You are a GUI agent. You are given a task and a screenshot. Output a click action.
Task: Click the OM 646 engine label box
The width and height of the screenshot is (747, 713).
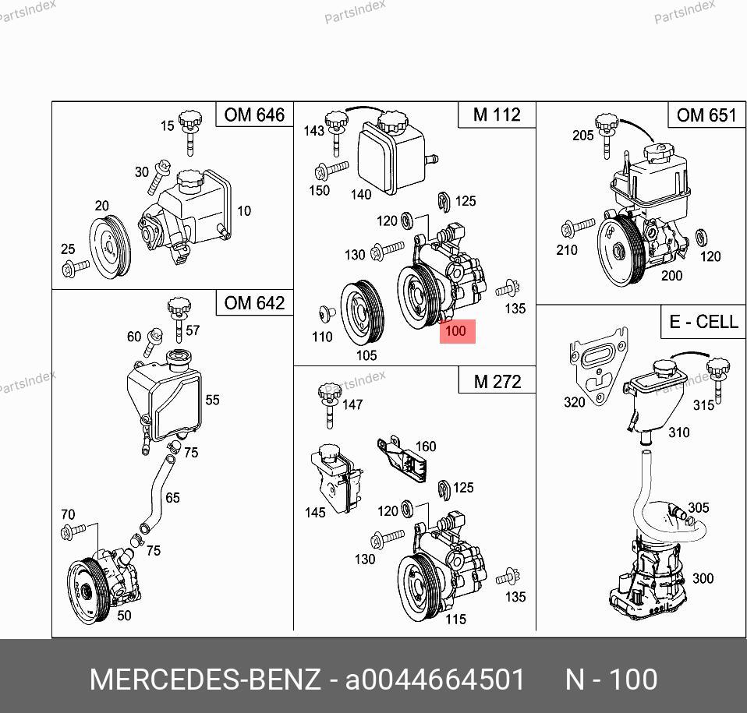[x=254, y=115]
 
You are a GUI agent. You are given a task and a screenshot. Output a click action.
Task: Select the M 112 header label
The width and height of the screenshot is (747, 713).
[x=497, y=115]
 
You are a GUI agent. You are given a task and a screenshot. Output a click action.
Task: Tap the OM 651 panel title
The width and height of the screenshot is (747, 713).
[x=706, y=115]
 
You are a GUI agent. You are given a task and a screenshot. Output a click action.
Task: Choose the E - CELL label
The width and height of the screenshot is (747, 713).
[x=703, y=322]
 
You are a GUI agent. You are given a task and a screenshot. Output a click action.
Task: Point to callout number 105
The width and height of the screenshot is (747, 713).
[x=366, y=355]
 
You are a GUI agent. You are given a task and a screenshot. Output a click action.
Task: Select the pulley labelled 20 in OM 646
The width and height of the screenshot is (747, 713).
[x=110, y=246]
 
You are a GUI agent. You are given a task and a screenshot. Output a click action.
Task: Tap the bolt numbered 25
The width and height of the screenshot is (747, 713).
[x=76, y=268]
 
